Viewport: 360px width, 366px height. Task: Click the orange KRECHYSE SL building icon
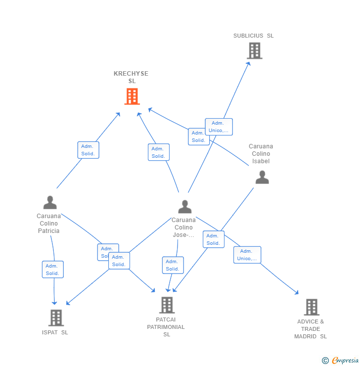coord(132,96)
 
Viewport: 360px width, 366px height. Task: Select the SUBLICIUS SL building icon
coord(254,50)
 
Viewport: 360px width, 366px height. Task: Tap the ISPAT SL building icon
coord(56,318)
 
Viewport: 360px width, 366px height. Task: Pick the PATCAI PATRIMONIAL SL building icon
coord(167,305)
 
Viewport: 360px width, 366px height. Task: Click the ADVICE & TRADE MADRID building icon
coord(311,307)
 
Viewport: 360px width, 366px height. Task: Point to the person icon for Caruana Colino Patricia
coord(50,202)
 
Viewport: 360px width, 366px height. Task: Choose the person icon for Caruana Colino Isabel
coord(262,177)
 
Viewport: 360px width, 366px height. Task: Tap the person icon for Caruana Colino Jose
coord(184,207)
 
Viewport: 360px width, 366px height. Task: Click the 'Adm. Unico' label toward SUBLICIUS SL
coord(219,127)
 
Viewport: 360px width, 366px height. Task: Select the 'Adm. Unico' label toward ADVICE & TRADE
coord(247,255)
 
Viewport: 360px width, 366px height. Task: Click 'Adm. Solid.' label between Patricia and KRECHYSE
coord(88,150)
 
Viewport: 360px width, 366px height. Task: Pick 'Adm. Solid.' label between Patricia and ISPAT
coord(52,270)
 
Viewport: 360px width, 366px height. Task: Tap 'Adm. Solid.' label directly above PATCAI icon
coord(173,265)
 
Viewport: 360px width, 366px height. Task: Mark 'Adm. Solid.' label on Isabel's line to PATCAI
coord(213,239)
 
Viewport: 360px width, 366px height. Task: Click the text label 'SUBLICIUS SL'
coord(253,36)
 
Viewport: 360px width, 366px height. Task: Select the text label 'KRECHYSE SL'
coord(131,77)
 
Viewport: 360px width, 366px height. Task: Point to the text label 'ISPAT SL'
coord(55,332)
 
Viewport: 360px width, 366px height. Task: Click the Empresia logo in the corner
coord(345,361)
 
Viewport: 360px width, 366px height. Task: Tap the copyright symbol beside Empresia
coord(325,361)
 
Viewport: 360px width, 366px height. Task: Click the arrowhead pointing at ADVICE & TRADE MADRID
coord(297,293)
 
